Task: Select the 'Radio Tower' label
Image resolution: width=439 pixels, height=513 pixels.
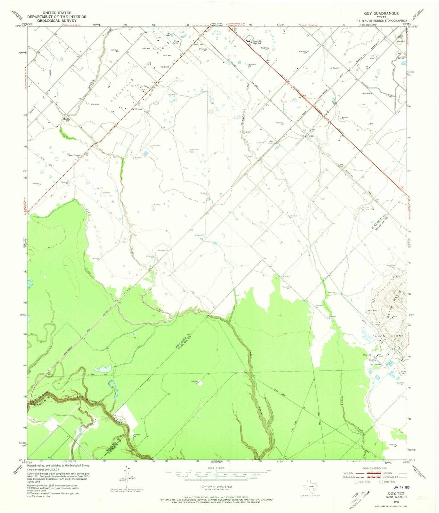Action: tap(199, 45)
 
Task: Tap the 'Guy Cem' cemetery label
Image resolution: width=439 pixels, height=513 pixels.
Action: tap(373, 57)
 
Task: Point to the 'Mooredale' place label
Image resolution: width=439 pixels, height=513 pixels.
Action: tap(163, 250)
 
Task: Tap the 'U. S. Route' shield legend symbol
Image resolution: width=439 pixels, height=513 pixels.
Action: tap(356, 482)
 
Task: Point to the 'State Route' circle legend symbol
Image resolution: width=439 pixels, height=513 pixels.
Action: tap(381, 482)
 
